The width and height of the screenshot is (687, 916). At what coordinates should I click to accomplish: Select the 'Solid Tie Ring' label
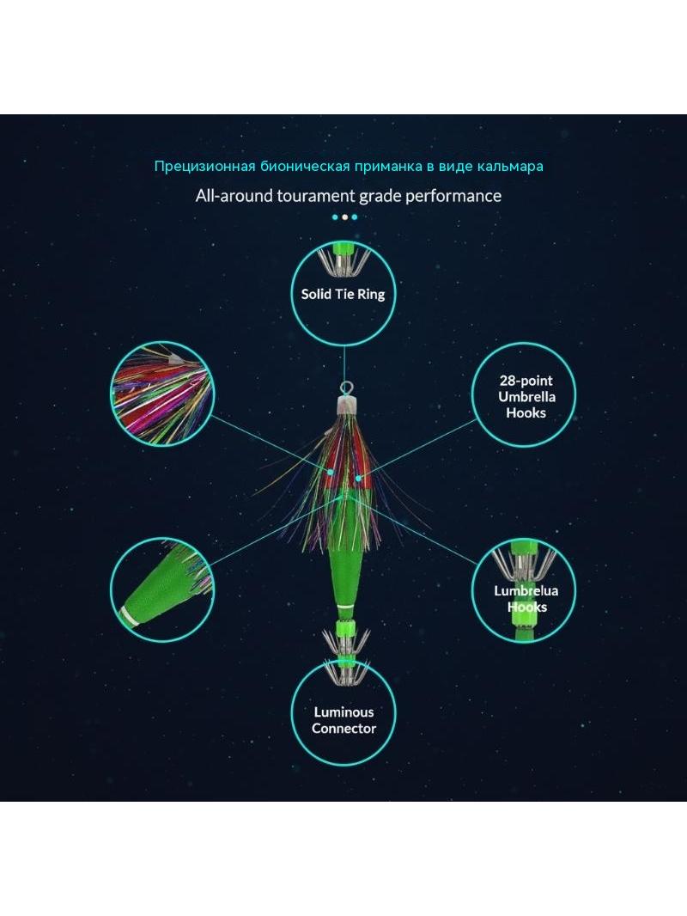click(x=343, y=294)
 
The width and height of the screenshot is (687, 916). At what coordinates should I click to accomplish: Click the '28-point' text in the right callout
click(x=526, y=381)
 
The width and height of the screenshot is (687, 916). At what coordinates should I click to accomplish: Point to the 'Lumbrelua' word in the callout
click(x=526, y=590)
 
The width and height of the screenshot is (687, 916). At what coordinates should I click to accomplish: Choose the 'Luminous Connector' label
click(x=343, y=720)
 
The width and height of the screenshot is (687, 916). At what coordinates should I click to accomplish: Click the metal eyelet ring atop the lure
click(x=343, y=387)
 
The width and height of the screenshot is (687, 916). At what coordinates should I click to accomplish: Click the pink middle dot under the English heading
click(x=344, y=217)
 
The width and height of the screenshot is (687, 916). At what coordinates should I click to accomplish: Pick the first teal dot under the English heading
click(x=335, y=217)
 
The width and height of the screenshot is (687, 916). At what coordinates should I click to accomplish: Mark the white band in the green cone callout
click(x=130, y=617)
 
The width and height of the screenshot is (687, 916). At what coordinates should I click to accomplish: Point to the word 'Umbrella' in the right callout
click(x=526, y=397)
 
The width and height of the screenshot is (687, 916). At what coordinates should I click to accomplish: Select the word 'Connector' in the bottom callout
click(x=343, y=729)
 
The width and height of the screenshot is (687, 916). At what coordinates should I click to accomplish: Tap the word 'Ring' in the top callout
click(x=371, y=295)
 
